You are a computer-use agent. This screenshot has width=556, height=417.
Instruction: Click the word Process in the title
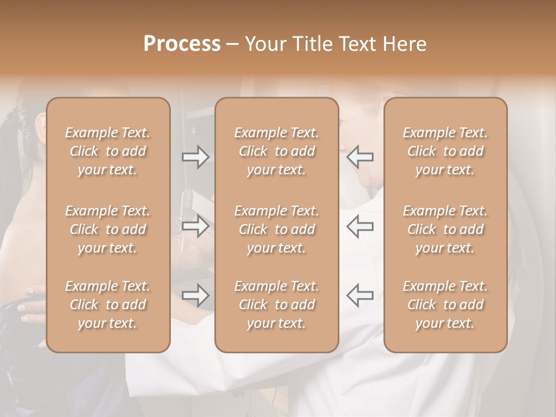click(x=182, y=44)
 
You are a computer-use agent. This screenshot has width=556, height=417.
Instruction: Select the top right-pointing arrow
click(x=196, y=157)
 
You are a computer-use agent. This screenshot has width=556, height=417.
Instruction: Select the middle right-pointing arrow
click(x=196, y=226)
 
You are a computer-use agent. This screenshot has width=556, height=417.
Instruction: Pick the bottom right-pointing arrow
click(x=196, y=296)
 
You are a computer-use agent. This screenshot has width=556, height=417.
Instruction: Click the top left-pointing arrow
click(x=360, y=157)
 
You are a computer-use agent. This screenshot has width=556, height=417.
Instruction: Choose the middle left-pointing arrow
click(x=360, y=226)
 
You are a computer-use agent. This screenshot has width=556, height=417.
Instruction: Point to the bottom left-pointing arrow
click(x=360, y=296)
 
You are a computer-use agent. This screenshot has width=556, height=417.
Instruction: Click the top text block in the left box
click(x=108, y=151)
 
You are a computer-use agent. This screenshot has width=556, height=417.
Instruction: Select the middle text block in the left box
click(x=108, y=229)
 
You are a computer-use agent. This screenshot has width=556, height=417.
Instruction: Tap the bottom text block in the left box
click(x=108, y=305)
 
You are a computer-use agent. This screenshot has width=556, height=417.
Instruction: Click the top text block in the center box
click(x=277, y=151)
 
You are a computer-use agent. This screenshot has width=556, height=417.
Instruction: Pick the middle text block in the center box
click(x=277, y=229)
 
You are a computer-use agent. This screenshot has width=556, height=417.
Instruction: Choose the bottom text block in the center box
click(x=277, y=305)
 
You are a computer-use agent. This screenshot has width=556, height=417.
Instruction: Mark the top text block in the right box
click(x=445, y=151)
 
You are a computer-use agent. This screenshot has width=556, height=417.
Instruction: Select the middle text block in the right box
click(x=445, y=229)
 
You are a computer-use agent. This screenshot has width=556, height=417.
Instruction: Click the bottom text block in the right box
click(x=445, y=305)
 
